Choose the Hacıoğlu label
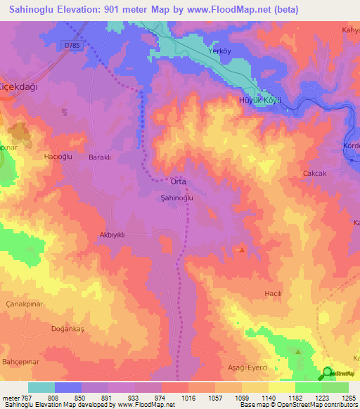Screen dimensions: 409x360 58,157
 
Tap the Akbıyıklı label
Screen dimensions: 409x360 112,235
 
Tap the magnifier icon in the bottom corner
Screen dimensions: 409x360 327,373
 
